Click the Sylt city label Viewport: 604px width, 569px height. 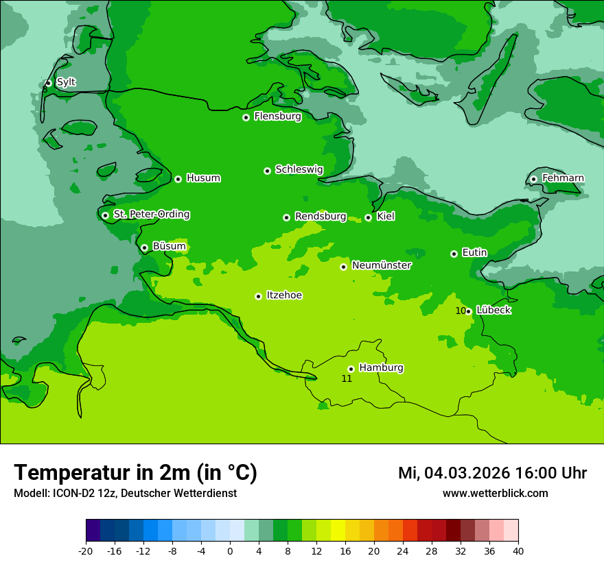[x=66, y=82]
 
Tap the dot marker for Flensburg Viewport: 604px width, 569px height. [x=246, y=117]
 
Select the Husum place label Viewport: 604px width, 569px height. [x=203, y=178]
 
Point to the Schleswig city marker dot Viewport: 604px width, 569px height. [x=267, y=171]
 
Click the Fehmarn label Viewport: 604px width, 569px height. [x=563, y=178]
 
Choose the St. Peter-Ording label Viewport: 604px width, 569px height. [x=152, y=215]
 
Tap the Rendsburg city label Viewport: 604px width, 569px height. [x=321, y=217]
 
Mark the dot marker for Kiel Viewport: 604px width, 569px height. [x=368, y=217]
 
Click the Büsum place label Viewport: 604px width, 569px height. [x=169, y=247]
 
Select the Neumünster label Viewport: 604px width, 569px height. [x=382, y=265]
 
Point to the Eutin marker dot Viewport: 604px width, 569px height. [x=454, y=254]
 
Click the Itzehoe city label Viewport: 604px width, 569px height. [x=284, y=295]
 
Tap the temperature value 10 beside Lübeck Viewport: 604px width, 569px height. [x=461, y=311]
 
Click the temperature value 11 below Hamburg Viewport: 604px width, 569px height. [x=347, y=378]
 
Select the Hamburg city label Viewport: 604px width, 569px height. [x=381, y=368]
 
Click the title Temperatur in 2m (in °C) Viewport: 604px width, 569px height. [x=135, y=472]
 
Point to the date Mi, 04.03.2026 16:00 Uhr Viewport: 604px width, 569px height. [x=492, y=473]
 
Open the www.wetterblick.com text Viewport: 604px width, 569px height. [x=495, y=493]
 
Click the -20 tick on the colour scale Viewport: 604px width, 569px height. [x=86, y=551]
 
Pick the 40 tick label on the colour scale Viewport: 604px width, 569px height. [x=518, y=551]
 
